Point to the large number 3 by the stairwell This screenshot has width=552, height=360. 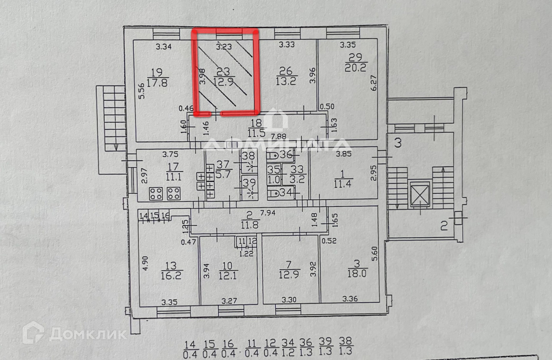(397, 142)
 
